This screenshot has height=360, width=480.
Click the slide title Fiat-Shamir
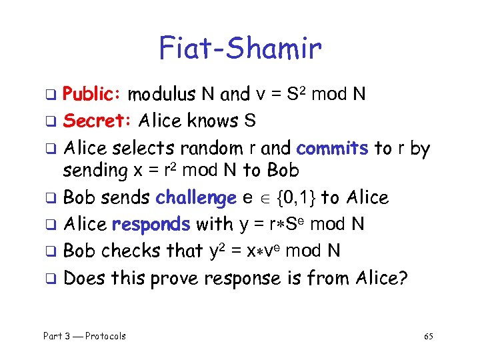point(240,48)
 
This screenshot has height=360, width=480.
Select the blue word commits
point(332,147)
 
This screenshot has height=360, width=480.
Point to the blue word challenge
point(196,198)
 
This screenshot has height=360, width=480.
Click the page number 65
point(429,336)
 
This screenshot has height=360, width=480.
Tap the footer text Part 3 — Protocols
point(85,336)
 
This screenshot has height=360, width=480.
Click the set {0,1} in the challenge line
point(288,198)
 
